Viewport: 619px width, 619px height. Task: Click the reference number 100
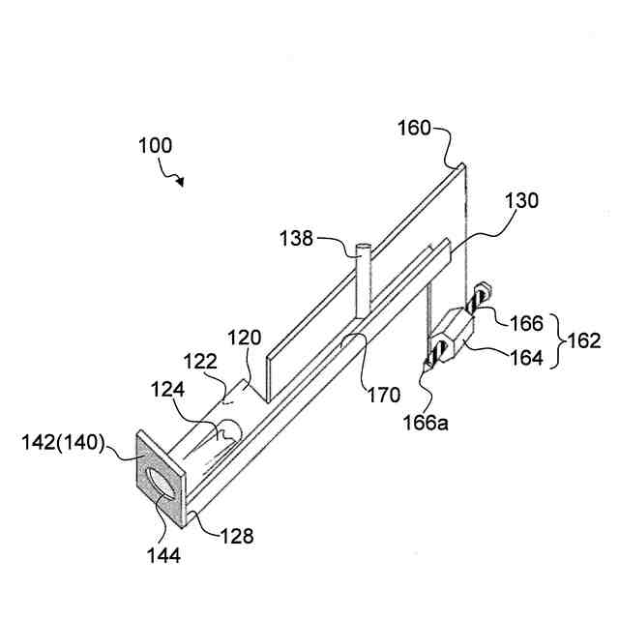click(x=155, y=147)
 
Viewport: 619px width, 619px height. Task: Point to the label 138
click(x=297, y=237)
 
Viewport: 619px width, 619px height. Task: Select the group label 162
click(x=582, y=340)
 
